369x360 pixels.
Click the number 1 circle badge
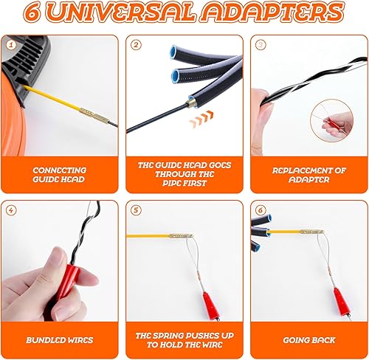(10, 45)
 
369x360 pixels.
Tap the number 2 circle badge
(136, 45)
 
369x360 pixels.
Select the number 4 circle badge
(11, 210)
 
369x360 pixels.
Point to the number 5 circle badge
(136, 210)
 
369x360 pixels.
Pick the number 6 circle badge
(261, 210)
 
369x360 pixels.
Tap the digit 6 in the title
(32, 13)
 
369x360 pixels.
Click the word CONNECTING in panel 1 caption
(60, 170)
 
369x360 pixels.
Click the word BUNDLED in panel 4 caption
(43, 340)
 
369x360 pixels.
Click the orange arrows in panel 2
(201, 120)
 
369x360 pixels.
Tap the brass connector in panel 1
(94, 116)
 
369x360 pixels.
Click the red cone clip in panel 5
(210, 305)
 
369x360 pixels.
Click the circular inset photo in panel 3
(331, 120)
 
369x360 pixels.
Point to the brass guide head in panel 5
(181, 236)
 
